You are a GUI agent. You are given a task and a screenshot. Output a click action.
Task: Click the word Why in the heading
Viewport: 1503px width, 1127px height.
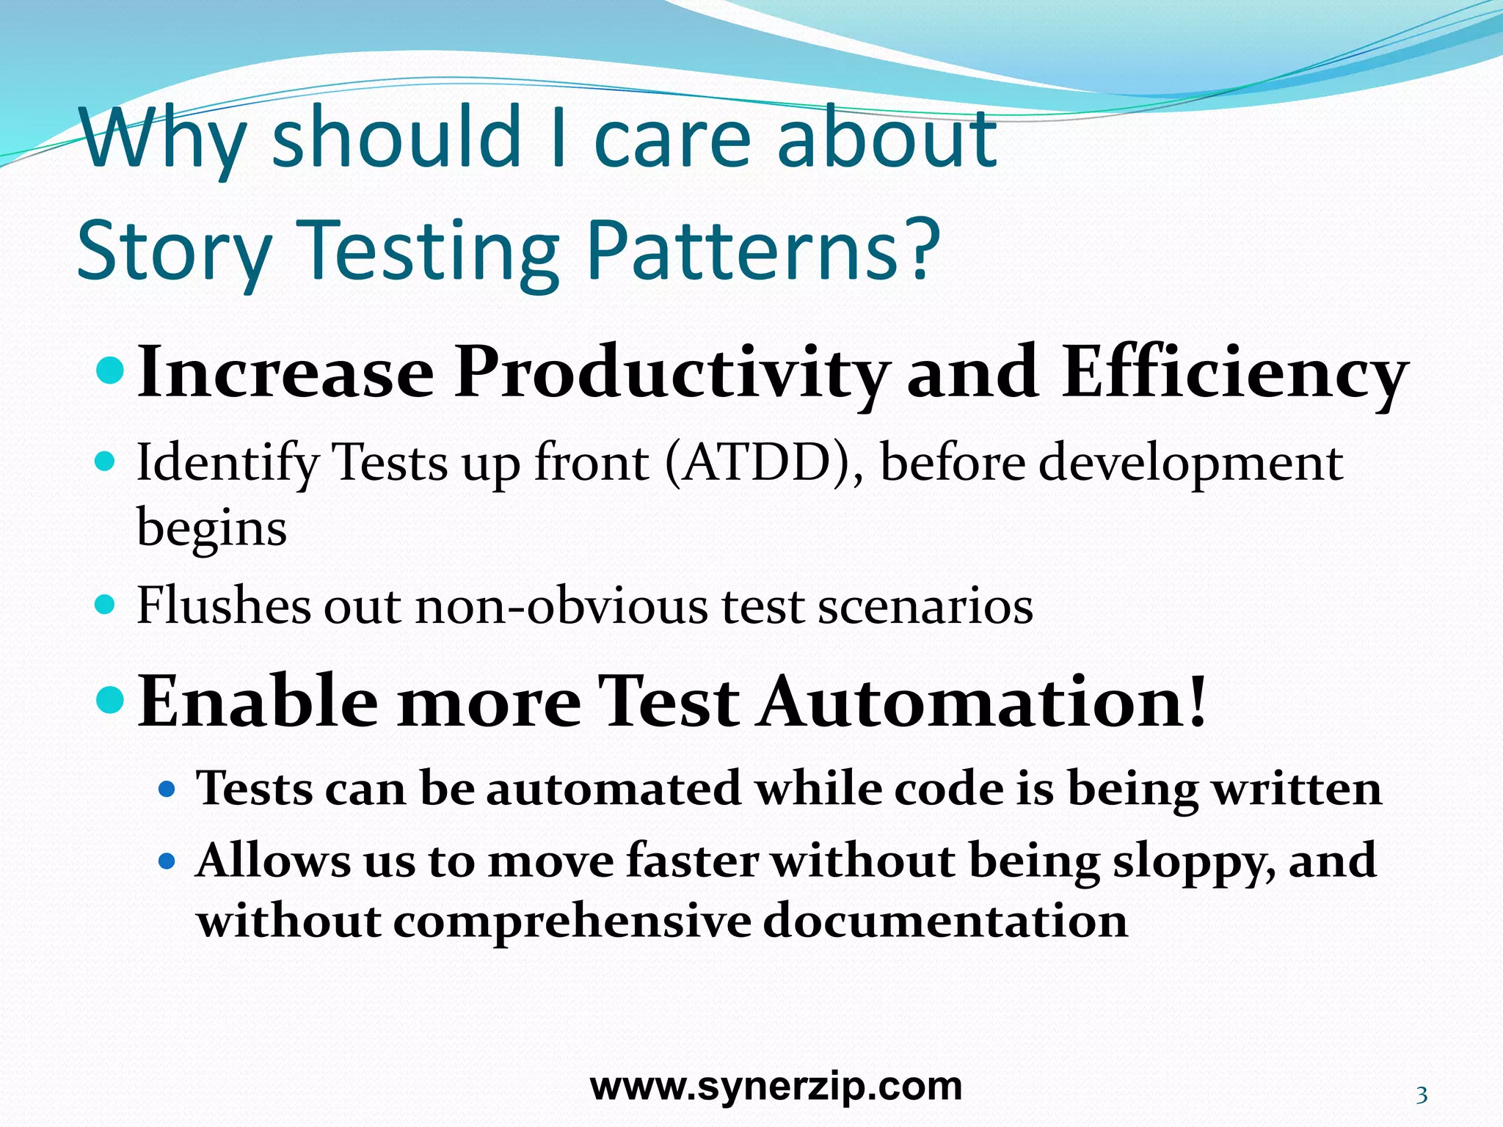(163, 139)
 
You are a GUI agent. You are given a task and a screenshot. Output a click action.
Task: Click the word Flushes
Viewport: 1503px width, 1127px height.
(224, 606)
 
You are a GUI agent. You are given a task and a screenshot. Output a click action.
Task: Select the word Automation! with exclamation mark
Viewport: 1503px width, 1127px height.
(983, 702)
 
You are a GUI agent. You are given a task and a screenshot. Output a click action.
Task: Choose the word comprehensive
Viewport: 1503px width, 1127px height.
(572, 922)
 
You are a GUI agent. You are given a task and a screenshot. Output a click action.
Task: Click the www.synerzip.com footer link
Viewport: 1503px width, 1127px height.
(776, 1086)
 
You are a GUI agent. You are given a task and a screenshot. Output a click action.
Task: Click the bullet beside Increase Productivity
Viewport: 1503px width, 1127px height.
(112, 364)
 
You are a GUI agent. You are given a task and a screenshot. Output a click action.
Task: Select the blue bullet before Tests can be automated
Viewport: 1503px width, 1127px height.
(167, 790)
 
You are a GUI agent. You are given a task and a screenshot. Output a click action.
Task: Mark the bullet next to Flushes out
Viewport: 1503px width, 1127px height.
(106, 605)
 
